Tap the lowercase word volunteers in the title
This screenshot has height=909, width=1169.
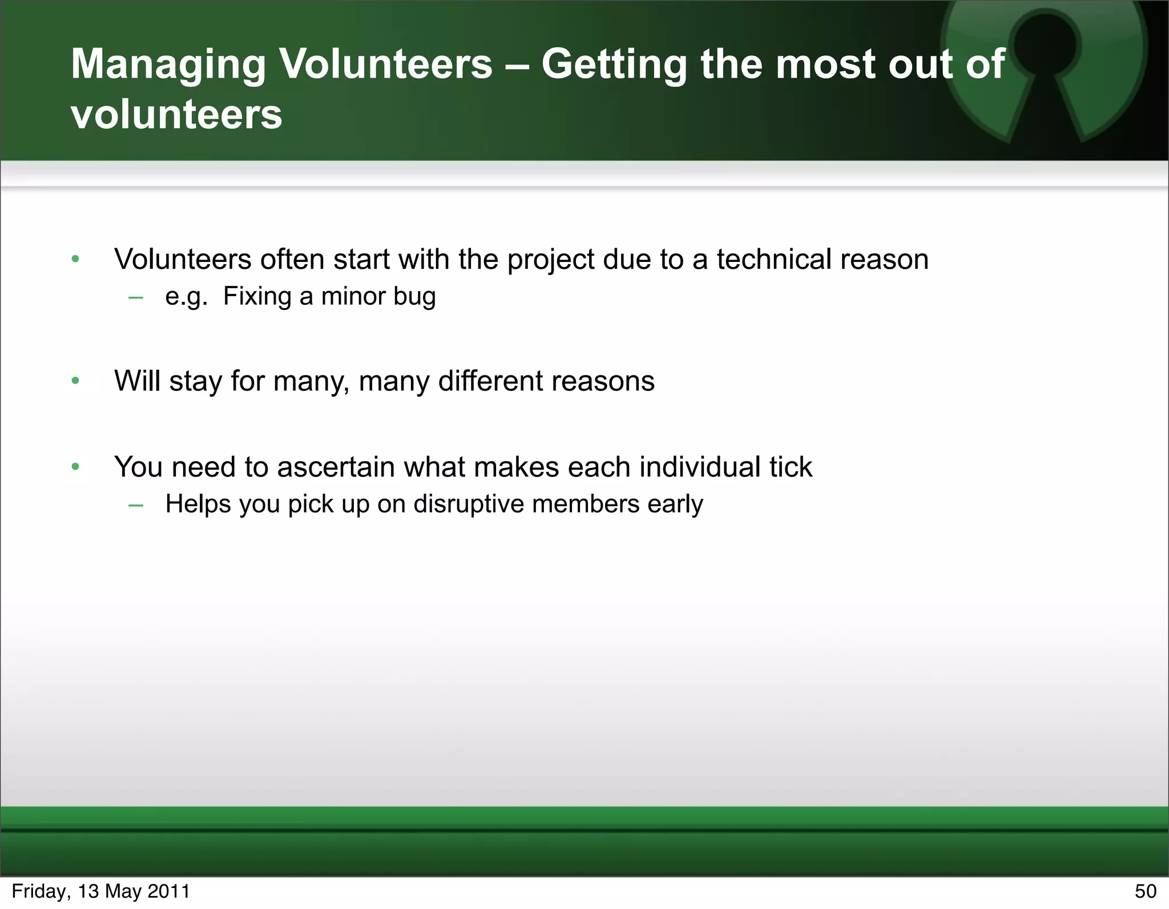[x=176, y=114]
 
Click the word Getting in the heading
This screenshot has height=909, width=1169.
[x=613, y=65]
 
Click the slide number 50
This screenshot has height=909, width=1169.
[x=1145, y=891]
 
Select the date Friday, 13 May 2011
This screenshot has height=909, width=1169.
[x=100, y=891]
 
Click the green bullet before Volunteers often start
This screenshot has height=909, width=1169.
[x=75, y=260]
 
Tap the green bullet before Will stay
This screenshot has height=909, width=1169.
[x=75, y=381]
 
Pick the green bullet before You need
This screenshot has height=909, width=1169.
[x=75, y=467]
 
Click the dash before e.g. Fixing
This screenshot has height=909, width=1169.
[x=135, y=297]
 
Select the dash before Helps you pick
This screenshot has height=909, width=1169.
[x=135, y=505]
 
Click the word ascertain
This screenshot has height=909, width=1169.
[x=336, y=467]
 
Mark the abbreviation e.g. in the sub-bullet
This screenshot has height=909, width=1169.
[x=186, y=297]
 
